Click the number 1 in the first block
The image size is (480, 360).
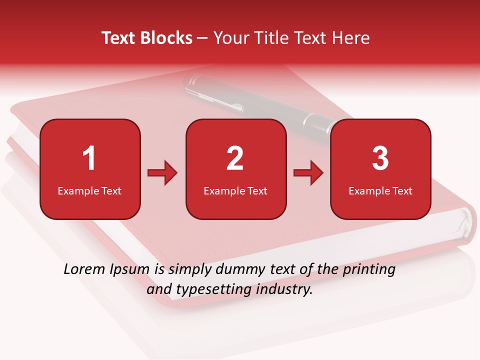point(89,158)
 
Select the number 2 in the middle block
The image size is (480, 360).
point(235,158)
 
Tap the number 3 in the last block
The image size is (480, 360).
point(380,158)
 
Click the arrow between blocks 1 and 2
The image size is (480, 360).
point(162,173)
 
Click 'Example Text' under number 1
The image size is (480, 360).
point(89,190)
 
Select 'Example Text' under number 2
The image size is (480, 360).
point(235,190)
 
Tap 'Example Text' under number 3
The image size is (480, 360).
point(380,190)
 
